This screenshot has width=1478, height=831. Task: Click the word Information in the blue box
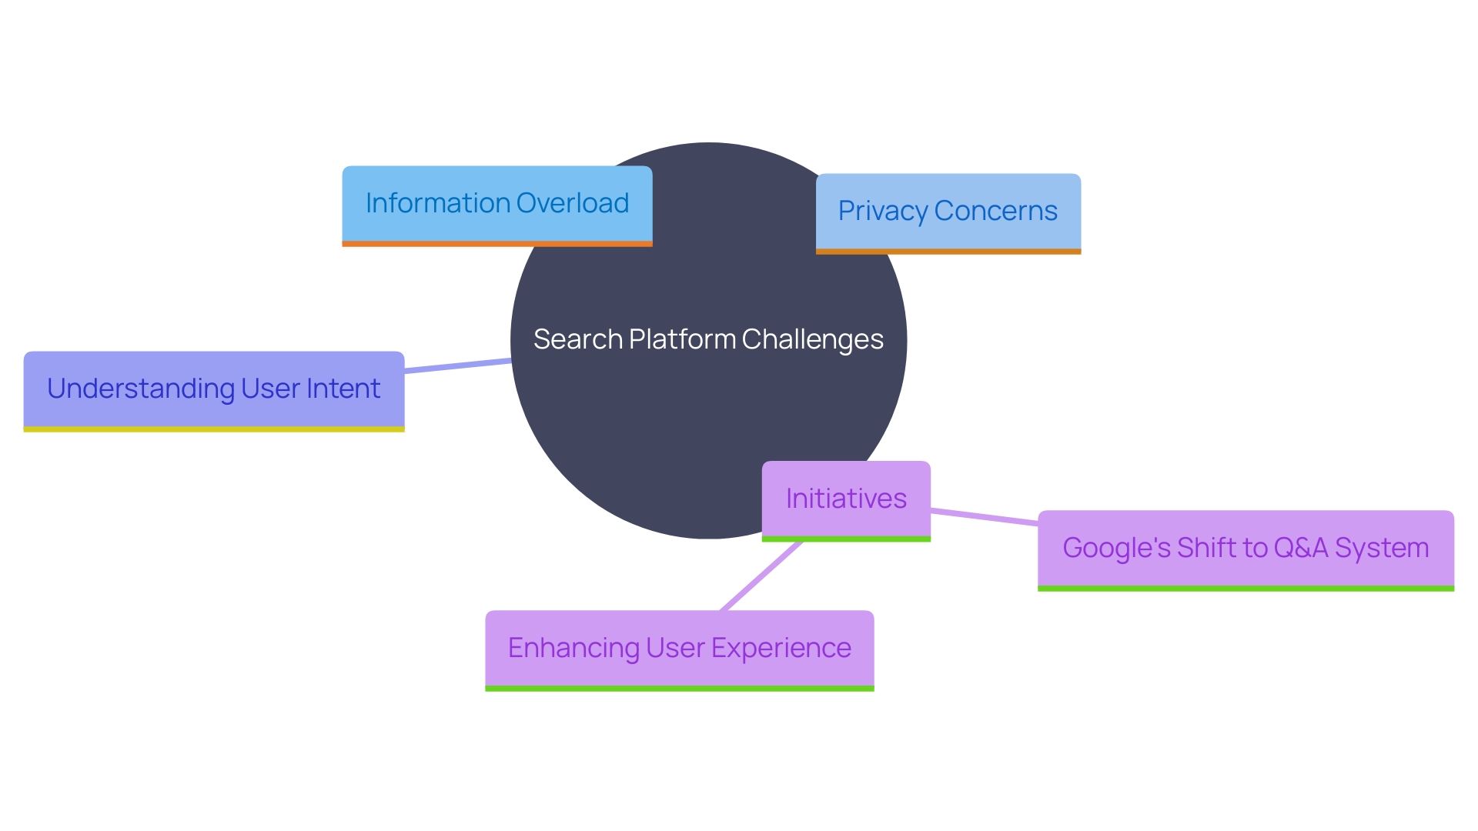point(438,203)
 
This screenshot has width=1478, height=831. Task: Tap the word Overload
point(573,203)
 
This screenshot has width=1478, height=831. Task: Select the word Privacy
point(882,211)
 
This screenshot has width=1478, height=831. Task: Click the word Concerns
point(996,211)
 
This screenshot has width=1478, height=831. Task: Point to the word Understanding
point(141,389)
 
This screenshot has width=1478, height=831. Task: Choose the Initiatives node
point(846,499)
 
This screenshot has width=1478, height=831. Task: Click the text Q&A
point(1301,548)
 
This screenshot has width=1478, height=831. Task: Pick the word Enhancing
point(573,648)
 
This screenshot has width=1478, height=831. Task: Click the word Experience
point(781,648)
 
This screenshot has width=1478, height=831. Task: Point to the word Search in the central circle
point(577,339)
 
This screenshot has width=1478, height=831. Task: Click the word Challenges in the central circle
point(812,339)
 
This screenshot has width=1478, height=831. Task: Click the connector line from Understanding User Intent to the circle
point(458,365)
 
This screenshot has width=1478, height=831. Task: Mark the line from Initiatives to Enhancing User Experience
point(761,576)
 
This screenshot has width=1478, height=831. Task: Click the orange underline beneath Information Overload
point(497,244)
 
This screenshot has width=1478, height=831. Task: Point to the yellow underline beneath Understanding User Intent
point(214,429)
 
